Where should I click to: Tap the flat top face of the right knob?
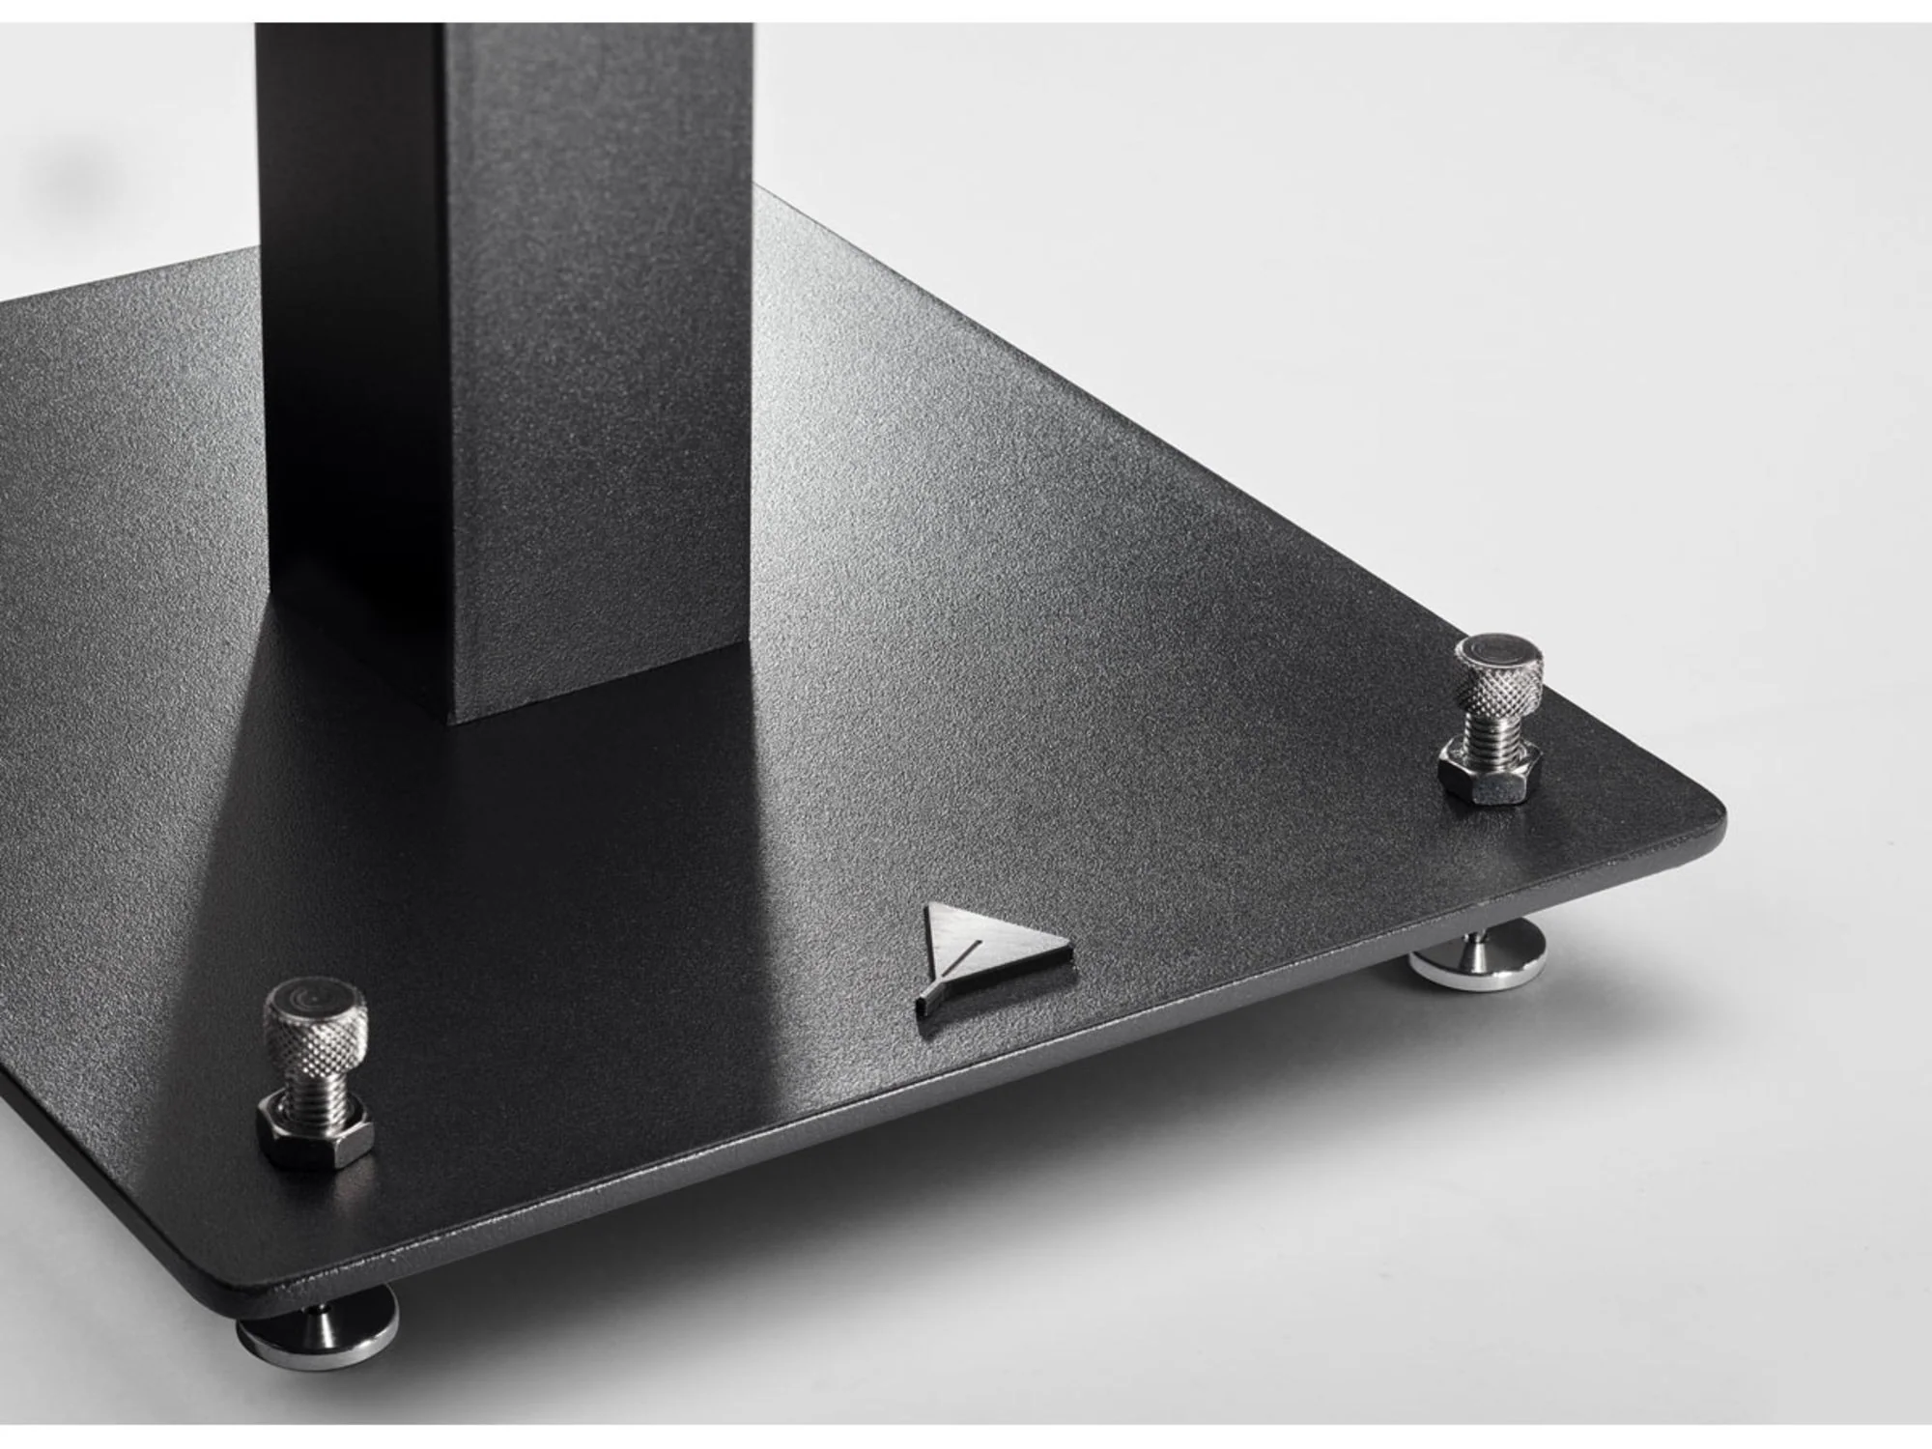pyautogui.click(x=1501, y=644)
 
